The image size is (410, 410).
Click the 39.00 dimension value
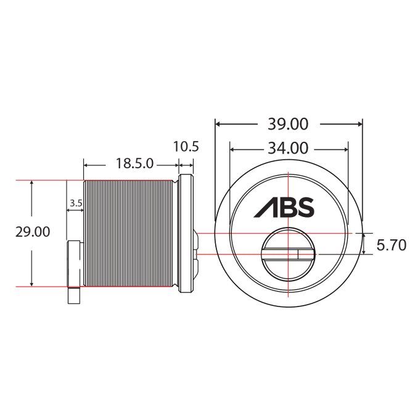288,124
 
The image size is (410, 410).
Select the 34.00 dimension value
288,149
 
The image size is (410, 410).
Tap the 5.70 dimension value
391,245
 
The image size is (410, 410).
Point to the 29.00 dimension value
33,232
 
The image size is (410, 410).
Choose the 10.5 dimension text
186,147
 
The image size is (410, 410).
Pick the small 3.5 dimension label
76,203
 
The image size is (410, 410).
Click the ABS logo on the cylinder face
284,207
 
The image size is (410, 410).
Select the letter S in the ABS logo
305,207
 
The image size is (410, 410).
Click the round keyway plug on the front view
288,255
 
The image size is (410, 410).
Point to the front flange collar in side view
185,233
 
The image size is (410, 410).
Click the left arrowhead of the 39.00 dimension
218,124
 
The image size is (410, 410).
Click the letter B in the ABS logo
286,207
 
